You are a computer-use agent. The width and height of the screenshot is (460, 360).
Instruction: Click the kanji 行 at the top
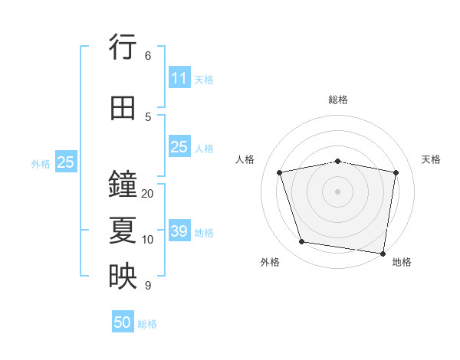pos(123,49)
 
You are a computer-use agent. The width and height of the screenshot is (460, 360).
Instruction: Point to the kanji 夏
pos(123,231)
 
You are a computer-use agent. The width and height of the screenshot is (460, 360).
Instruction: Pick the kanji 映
pos(123,277)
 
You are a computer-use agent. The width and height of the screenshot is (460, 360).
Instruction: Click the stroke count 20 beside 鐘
pos(148,194)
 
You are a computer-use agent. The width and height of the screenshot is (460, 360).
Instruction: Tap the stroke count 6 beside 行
pos(148,56)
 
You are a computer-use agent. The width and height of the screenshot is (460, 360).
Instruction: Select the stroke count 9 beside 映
pos(148,286)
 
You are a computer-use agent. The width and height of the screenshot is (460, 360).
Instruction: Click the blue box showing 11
pos(179,78)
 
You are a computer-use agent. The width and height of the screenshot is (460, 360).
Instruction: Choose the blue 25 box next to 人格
pos(179,147)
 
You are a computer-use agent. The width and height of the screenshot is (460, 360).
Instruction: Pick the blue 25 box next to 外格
pos(65,162)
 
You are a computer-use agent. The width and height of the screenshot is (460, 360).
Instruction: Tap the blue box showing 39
pos(179,231)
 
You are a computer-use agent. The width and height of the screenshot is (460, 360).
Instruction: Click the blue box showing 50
pos(123,322)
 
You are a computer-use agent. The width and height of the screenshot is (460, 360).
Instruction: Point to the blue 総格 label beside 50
pos(147,324)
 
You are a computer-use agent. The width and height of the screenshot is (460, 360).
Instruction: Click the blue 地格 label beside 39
pos(204,233)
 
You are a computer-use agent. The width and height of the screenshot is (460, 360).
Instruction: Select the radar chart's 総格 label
pos(338,100)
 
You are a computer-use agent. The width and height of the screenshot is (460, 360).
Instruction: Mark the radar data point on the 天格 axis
pos(396,172)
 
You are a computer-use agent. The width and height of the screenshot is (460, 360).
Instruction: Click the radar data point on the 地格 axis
pos(382,253)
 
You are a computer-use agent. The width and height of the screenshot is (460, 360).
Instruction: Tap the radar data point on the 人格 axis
pos(280,172)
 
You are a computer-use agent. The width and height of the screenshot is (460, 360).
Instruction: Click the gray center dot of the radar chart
pos(338,191)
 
